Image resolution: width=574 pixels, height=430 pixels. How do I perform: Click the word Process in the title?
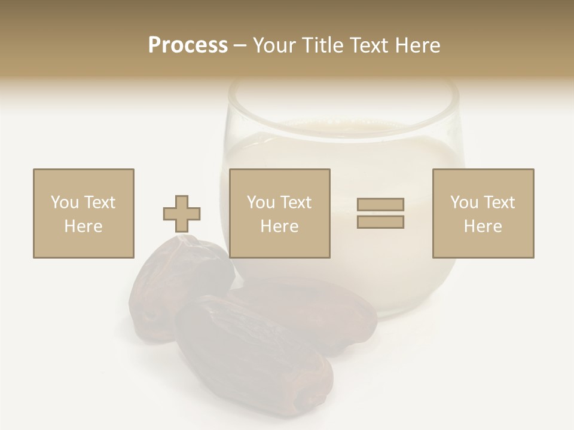coord(188,45)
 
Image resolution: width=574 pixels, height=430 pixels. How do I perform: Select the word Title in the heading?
coord(323,45)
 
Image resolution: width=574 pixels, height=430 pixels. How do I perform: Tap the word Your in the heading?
coord(276,45)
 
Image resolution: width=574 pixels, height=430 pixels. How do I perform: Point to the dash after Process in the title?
coord(240,45)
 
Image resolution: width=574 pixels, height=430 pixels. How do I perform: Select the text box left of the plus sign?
coord(83,213)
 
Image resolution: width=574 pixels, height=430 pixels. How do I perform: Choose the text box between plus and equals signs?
coord(279,213)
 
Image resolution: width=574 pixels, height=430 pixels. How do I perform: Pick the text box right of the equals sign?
coord(483,213)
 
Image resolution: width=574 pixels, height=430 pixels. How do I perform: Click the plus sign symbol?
coord(182,213)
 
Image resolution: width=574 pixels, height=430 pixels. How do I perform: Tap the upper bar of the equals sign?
coord(380,204)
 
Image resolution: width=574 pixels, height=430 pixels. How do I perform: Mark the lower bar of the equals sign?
coord(380,222)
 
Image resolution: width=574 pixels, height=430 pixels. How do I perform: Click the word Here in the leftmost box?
coord(83,226)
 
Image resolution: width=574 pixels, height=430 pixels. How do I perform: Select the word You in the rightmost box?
coord(463,202)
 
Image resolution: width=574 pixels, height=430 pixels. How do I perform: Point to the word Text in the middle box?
coord(296,202)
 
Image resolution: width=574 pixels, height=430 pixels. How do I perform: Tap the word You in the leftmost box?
coord(64,202)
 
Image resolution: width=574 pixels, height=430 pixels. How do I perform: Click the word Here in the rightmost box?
coord(483,226)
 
